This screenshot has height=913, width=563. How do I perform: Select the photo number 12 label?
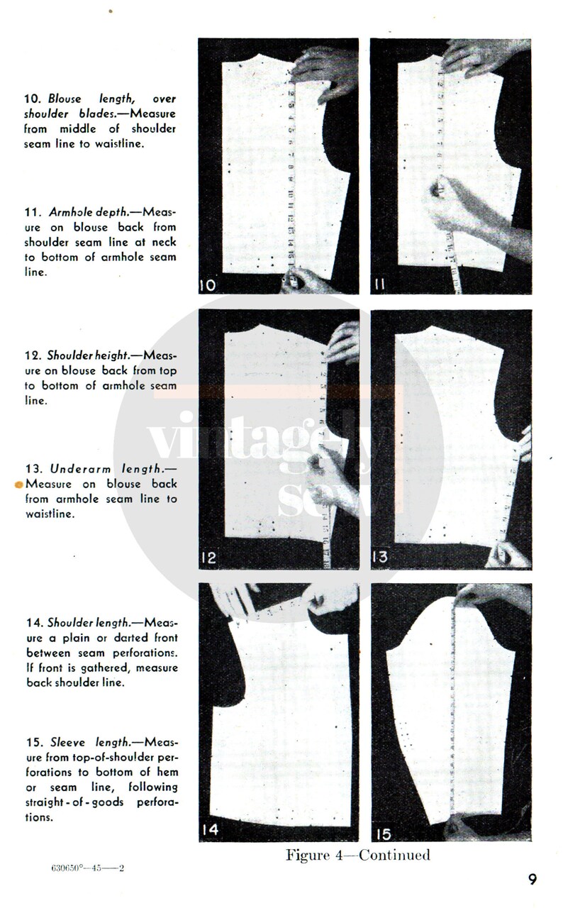(210, 558)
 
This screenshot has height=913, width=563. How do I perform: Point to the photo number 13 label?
(381, 558)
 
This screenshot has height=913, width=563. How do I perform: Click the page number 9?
(532, 880)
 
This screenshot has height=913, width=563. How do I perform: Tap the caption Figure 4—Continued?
(357, 855)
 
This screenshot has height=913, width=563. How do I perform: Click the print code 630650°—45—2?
(89, 868)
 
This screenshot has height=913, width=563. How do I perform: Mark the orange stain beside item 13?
(19, 485)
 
